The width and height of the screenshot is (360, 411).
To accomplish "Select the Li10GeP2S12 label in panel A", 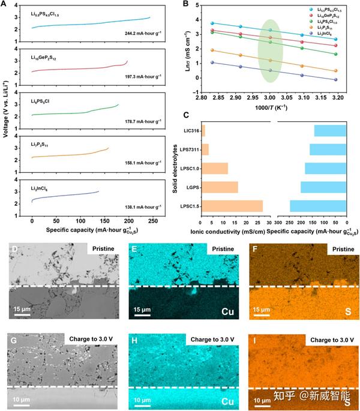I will tap(47, 58).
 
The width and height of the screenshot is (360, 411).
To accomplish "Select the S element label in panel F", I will tap(347, 312).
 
